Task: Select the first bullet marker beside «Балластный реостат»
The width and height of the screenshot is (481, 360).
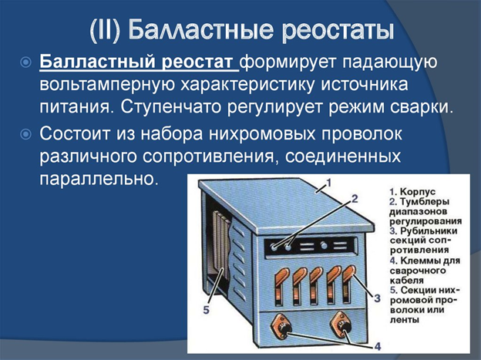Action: pyautogui.click(x=25, y=62)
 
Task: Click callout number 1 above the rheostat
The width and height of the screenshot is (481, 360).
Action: pyautogui.click(x=327, y=183)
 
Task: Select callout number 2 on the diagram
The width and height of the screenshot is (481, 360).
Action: pyautogui.click(x=355, y=198)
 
